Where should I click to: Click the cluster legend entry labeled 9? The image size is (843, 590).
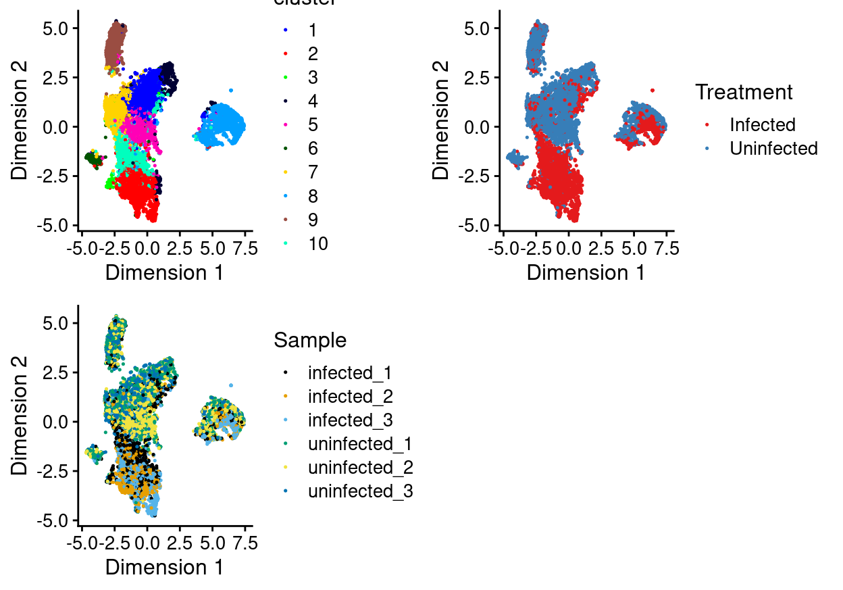[x=312, y=220]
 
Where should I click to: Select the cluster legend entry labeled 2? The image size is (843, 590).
[x=312, y=53]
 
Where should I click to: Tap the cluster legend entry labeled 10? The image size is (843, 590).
[x=317, y=243]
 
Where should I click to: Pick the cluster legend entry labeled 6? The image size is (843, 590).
[x=312, y=149]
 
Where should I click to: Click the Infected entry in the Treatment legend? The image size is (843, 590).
[x=762, y=124]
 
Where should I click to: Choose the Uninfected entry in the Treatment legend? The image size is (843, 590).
[x=773, y=148]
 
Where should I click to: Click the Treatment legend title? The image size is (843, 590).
[x=744, y=91]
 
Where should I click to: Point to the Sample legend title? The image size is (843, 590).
[x=310, y=340]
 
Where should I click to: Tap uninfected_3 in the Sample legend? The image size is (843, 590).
[x=360, y=491]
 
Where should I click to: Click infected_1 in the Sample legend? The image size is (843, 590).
[x=349, y=372]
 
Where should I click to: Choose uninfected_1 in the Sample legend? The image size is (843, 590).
[x=360, y=444]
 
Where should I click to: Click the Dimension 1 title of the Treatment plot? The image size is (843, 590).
[x=586, y=272]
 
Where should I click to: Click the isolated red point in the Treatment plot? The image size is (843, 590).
[x=653, y=90]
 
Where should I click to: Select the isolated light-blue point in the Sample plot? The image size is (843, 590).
[x=231, y=385]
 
